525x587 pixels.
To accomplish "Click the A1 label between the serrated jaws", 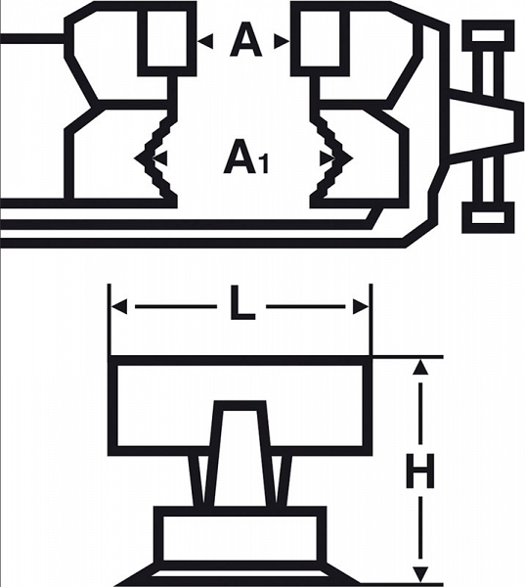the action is point(245,157).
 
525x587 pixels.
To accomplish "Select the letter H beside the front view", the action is point(420,471).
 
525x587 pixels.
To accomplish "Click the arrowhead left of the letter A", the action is point(205,41).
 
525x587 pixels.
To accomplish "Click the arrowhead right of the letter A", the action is point(282,41).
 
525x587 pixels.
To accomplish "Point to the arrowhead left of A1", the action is point(159,158).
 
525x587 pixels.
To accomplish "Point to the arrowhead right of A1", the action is point(328,158).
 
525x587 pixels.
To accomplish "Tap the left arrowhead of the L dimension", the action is point(119,306).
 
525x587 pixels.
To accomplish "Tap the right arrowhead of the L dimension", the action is point(361,306).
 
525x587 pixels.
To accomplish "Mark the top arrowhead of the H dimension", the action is point(420,367).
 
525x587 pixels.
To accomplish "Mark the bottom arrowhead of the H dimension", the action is point(420,574).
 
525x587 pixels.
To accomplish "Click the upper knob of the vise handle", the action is point(488,36).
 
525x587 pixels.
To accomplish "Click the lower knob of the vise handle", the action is point(488,217).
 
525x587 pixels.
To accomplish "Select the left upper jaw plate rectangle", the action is point(167,38).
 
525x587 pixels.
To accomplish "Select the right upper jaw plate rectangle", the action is point(320,38).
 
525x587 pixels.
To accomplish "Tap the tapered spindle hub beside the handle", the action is point(486,126).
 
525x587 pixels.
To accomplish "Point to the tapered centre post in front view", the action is point(240,454).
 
